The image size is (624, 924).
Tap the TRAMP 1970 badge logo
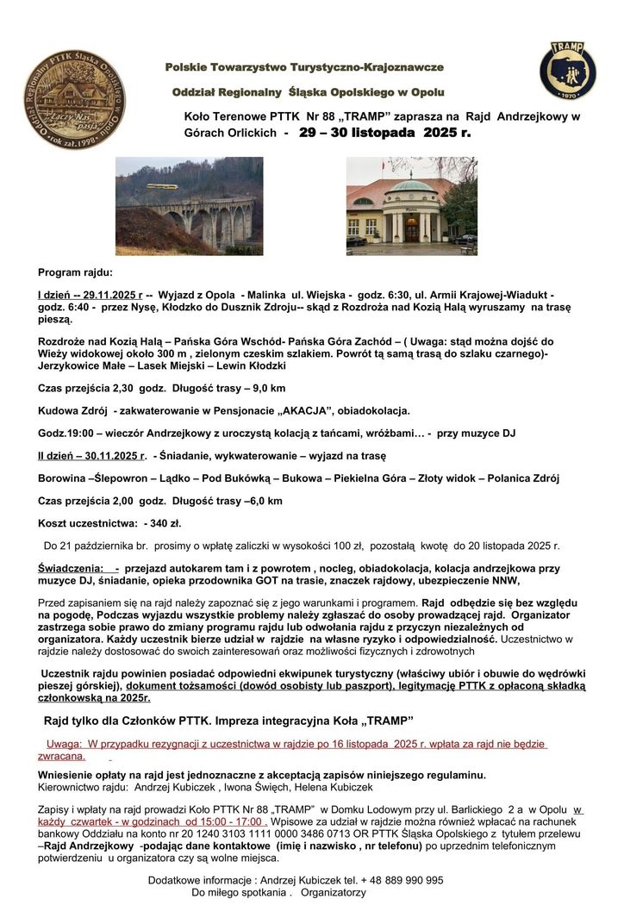pos(566,72)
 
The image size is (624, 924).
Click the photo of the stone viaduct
pos(189,205)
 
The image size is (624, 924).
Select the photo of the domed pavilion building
pos(411,205)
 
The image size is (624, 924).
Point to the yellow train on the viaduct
pos(162,185)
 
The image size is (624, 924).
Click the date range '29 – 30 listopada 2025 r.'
pos(385,134)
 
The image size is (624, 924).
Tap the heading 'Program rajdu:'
pos(76,272)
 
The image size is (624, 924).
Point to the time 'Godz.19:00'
pos(66,433)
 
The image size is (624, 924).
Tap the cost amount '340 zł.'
pos(162,522)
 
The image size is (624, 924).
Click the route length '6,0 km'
pos(263,500)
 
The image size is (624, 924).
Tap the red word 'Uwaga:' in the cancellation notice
pos(63,744)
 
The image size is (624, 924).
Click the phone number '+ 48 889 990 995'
pos(401,880)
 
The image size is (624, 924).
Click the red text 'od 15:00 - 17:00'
pos(223,821)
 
